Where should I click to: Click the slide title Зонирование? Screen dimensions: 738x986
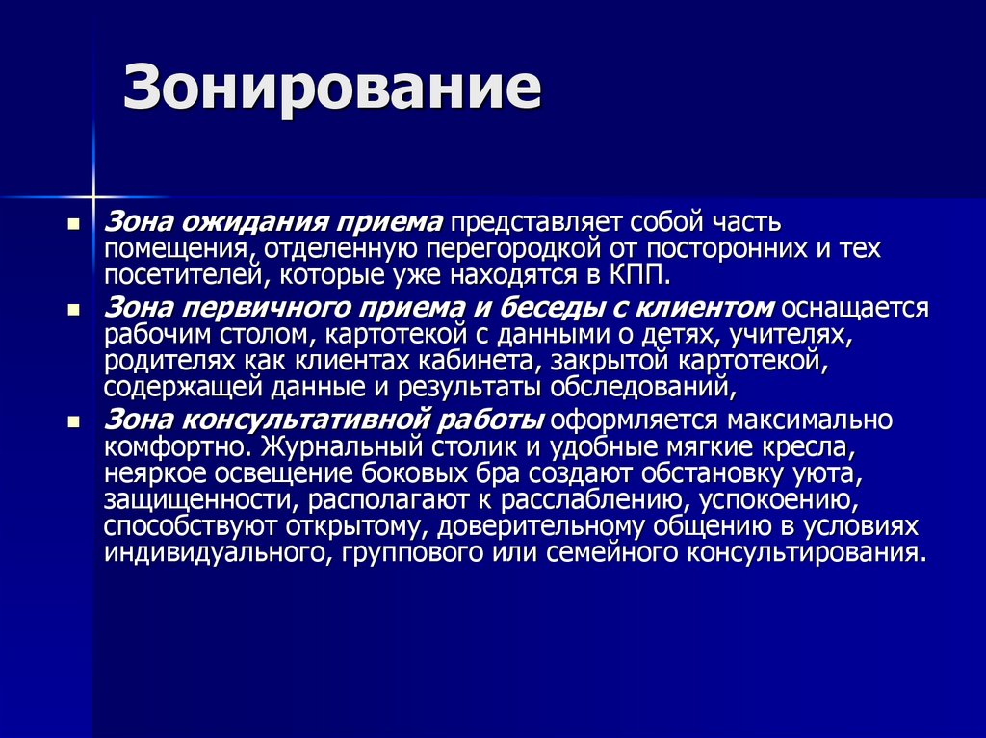tap(331, 90)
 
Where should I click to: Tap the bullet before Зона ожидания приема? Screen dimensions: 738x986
tap(73, 224)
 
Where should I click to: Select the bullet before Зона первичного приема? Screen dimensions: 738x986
tap(73, 310)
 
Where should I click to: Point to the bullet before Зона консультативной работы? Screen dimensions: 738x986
tap(73, 420)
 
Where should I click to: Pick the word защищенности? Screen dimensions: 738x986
tap(188, 500)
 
